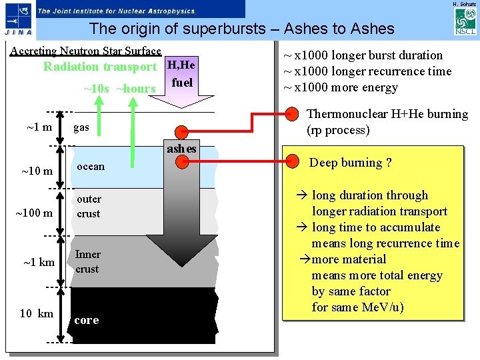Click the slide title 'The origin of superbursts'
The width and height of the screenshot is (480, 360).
pos(242,29)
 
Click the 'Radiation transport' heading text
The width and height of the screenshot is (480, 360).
pos(100,67)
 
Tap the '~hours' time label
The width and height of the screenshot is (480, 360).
pos(136,89)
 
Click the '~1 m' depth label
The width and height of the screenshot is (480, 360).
pos(39,127)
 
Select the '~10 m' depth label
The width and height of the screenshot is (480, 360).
pos(37,171)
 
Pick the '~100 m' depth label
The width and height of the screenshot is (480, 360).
pos(35,213)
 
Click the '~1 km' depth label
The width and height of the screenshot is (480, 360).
pos(39,262)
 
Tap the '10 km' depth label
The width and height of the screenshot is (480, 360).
pos(37,313)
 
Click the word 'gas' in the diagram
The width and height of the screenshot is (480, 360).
pos(81,127)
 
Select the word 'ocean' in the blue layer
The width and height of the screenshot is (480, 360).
pos(90,167)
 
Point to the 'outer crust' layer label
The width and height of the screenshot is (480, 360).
pos(89,206)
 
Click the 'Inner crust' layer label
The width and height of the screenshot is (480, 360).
pos(87,261)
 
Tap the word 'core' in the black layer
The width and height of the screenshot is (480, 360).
pos(87,320)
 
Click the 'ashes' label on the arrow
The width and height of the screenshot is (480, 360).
pos(181,149)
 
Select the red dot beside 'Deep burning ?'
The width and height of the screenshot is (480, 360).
pos(291,161)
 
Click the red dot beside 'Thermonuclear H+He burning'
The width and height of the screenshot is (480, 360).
pos(291,114)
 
